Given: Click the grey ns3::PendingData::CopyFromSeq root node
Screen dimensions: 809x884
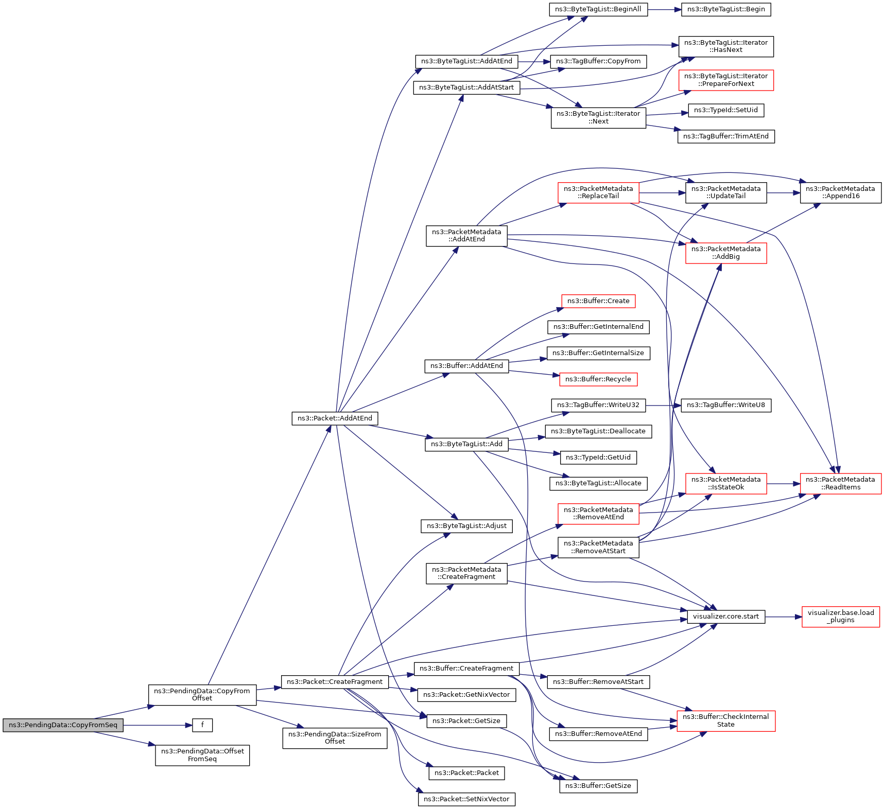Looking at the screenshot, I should coord(63,725).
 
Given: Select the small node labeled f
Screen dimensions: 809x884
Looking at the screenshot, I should coord(202,725).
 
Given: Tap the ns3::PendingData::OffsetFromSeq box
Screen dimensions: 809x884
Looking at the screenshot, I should coord(202,755).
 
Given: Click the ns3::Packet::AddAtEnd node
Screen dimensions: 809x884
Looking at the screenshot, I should coord(335,418).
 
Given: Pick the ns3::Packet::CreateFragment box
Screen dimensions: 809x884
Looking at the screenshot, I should coord(335,682).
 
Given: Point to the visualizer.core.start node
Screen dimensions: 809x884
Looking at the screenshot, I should coord(725,617).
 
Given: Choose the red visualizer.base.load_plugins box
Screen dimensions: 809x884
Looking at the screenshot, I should coord(840,617).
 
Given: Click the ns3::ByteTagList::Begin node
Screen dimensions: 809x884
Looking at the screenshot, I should coord(725,9).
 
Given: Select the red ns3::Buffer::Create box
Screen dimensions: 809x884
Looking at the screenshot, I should coord(598,301).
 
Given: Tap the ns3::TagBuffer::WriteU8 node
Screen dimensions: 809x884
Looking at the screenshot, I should coord(725,405).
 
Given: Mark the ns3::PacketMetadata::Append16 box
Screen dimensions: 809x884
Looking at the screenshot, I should coord(840,192).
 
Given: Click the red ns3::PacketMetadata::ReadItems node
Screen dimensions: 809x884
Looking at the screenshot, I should coord(840,483).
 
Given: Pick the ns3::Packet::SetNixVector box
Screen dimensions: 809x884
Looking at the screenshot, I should coord(466,799).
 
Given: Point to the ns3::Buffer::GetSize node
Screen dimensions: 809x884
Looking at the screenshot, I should coord(598,786).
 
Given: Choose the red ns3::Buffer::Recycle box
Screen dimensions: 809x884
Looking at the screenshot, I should coord(598,379).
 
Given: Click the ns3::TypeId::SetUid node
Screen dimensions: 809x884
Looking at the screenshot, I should coord(725,110).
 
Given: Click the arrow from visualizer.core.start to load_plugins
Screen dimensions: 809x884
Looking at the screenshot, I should coord(783,617).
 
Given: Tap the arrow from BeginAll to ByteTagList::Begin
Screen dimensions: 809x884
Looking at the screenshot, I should coord(664,9).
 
